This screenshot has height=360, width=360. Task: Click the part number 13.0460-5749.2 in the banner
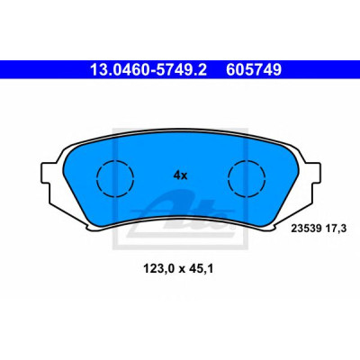148,70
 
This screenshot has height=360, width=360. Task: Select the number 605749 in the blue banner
254,70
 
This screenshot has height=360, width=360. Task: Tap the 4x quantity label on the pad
180,175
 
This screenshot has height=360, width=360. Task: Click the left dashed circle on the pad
115,161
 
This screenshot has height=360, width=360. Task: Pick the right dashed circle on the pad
247,161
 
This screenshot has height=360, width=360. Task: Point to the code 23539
305,229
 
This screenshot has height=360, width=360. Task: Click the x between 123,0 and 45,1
182,270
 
